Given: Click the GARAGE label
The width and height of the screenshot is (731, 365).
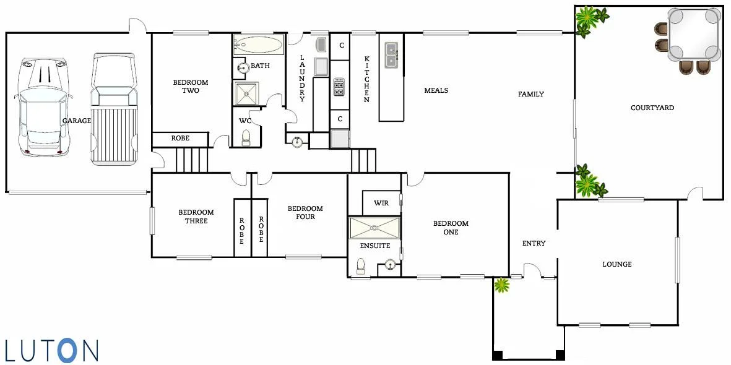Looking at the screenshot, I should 77,121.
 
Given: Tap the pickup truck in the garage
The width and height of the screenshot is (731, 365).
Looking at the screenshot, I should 113,109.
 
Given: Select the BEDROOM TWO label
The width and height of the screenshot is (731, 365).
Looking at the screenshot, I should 190,87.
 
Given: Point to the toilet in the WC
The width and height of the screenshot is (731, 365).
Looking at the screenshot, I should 246,137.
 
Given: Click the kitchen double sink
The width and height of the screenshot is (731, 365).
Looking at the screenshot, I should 391,54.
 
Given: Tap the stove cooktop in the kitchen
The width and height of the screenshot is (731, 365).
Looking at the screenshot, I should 339,87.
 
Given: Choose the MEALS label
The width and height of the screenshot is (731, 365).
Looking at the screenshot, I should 436,90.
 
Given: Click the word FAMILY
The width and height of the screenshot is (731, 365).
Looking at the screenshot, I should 531,94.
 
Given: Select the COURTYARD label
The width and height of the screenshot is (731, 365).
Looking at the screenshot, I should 652,108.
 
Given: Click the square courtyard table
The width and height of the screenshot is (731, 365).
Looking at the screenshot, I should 694,34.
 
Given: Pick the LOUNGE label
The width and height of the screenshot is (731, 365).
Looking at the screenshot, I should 617,264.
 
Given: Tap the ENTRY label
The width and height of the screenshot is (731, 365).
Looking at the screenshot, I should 534,243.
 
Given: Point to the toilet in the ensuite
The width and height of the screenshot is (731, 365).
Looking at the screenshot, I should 360,267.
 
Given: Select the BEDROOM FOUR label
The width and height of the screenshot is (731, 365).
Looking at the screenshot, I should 305,212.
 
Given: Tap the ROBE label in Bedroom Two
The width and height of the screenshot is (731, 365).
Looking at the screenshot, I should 180,138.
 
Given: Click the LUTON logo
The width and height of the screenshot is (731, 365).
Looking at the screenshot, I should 51,350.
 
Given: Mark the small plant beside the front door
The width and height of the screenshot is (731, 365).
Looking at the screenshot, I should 502,285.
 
